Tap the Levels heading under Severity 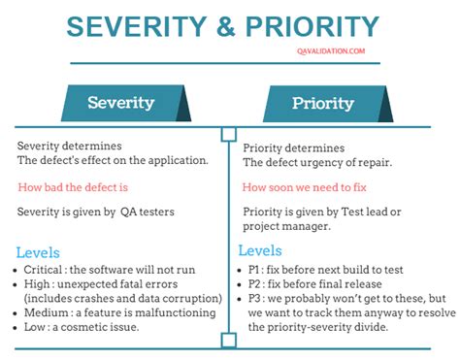pyautogui.click(x=40, y=249)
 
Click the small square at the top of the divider pyautogui.click(x=229, y=135)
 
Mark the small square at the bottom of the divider pyautogui.click(x=229, y=340)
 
